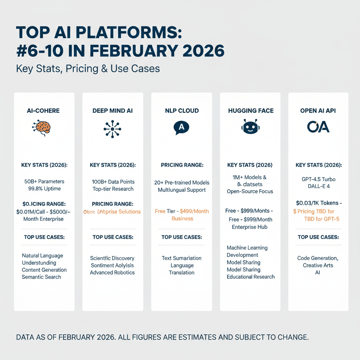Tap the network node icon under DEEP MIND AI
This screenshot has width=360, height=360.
112,129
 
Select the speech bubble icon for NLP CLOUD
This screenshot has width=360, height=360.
181,128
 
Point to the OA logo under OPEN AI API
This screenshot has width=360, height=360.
318,127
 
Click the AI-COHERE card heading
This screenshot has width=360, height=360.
43,111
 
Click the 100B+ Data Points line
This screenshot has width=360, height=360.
112,182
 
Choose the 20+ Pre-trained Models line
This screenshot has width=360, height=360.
182,183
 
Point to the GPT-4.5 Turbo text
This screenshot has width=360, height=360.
319,179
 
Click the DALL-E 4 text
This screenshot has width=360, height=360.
319,186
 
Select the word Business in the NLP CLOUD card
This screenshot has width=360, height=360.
182,219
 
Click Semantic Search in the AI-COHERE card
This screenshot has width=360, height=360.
41,277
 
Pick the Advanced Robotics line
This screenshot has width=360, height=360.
112,272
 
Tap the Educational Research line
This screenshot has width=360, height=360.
251,277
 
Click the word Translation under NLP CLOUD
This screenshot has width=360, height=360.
181,273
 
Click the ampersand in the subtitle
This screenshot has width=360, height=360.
94,68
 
